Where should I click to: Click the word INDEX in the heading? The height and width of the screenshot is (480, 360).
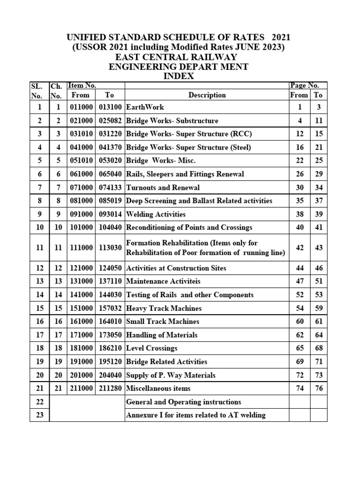pos(178,76)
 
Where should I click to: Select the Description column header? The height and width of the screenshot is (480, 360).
pos(207,95)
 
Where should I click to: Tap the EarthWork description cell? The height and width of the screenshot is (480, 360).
pos(145,107)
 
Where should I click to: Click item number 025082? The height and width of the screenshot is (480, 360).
pos(110,121)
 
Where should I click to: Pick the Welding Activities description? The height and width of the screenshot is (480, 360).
pos(156,214)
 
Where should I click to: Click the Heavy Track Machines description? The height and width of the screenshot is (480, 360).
pos(164,308)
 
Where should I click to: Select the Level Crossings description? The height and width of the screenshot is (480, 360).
pos(152,348)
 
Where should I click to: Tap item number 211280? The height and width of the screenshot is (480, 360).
pos(110,389)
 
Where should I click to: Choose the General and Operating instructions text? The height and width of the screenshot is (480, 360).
pos(184,402)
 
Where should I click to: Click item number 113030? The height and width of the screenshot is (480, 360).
pos(110,247)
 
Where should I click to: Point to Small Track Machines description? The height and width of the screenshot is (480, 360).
pos(163,322)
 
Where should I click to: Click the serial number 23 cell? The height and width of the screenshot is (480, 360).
pos(39,415)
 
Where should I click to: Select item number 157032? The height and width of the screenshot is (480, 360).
pos(110,308)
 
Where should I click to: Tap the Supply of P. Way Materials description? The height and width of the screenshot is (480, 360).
pos(171,375)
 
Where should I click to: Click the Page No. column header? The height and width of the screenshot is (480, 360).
pos(305,85)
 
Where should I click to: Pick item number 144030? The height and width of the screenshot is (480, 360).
pos(110,295)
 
